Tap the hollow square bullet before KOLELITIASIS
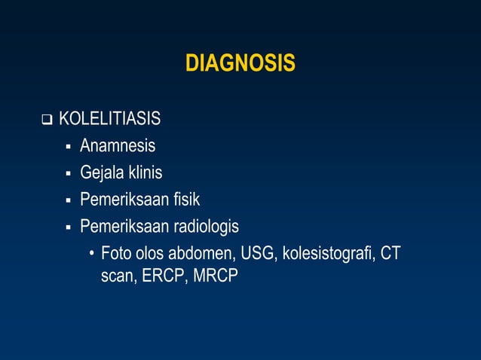[x=47, y=120]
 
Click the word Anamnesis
[x=118, y=145]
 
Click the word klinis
[x=145, y=172]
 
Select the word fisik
[x=184, y=199]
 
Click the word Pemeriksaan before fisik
[x=124, y=199]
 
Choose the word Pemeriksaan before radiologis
[x=124, y=226]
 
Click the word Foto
[x=116, y=252]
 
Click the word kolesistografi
[x=329, y=252]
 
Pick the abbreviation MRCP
[x=216, y=276]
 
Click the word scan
[x=118, y=276]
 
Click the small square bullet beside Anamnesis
[x=68, y=146]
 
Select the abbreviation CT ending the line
[x=391, y=252]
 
